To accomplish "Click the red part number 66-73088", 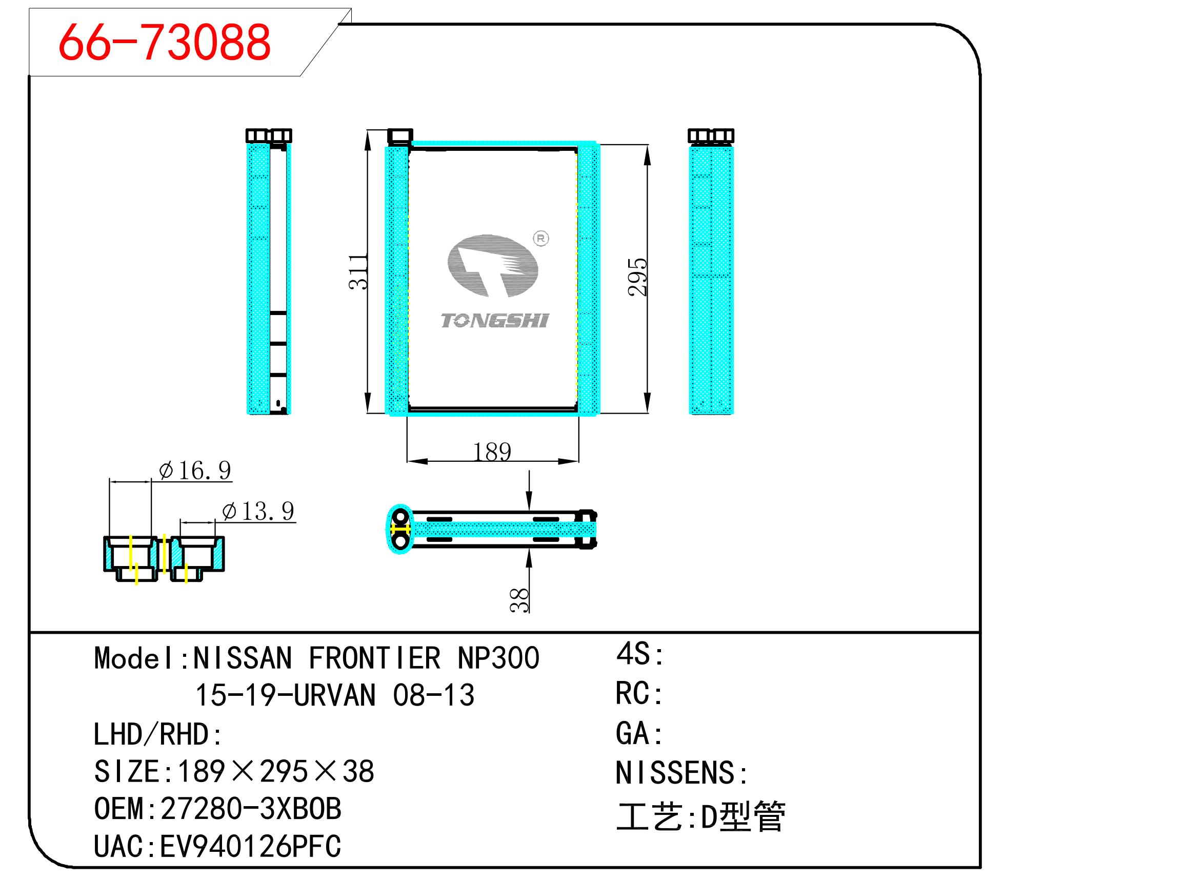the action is [x=164, y=42].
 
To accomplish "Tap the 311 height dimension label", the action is [x=358, y=271].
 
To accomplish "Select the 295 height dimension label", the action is [x=637, y=277].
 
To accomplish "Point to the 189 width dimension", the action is [x=492, y=452].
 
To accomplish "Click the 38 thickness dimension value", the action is [x=519, y=600].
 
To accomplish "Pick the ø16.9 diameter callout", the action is [x=195, y=471].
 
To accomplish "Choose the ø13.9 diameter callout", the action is [x=258, y=511].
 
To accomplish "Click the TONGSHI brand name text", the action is [x=494, y=321].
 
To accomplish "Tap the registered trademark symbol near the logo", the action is [x=540, y=239].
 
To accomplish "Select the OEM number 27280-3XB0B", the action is [x=251, y=808].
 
